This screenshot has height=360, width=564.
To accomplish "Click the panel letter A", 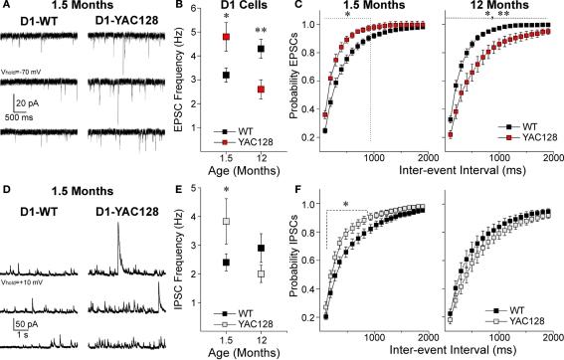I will pos(6,7).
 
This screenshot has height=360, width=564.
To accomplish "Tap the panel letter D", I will pos(6,186).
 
